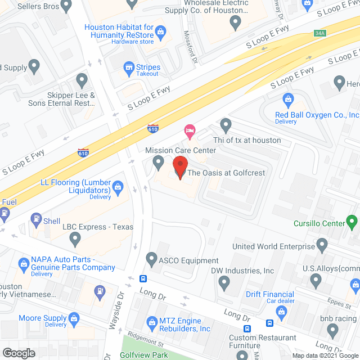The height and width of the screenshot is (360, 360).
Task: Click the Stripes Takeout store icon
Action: tap(129, 67)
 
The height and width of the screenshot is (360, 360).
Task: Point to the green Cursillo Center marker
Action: tap(352, 221)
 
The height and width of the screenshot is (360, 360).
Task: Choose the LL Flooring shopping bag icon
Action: tap(118, 187)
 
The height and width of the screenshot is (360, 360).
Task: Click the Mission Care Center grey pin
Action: tap(159, 163)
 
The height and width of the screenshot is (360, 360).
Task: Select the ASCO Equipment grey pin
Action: tap(151, 259)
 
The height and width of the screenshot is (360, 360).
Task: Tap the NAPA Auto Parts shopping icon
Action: tap(24, 263)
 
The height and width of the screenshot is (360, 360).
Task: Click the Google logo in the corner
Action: tap(19, 353)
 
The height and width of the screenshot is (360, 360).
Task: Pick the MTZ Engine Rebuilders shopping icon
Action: tap(152, 322)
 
